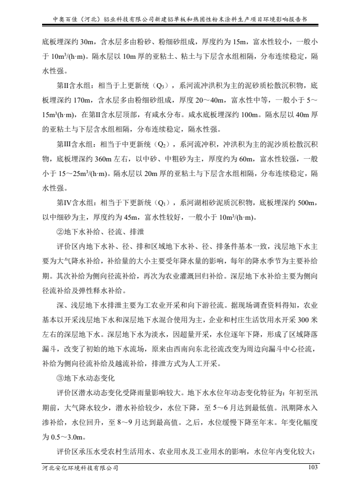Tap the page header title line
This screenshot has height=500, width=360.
pyautogui.click(x=180, y=18)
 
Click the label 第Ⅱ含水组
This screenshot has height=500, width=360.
pyautogui.click(x=74, y=85)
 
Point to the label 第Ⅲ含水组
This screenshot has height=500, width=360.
pyautogui.click(x=74, y=145)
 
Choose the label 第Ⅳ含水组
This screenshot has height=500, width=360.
pyautogui.click(x=74, y=204)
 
